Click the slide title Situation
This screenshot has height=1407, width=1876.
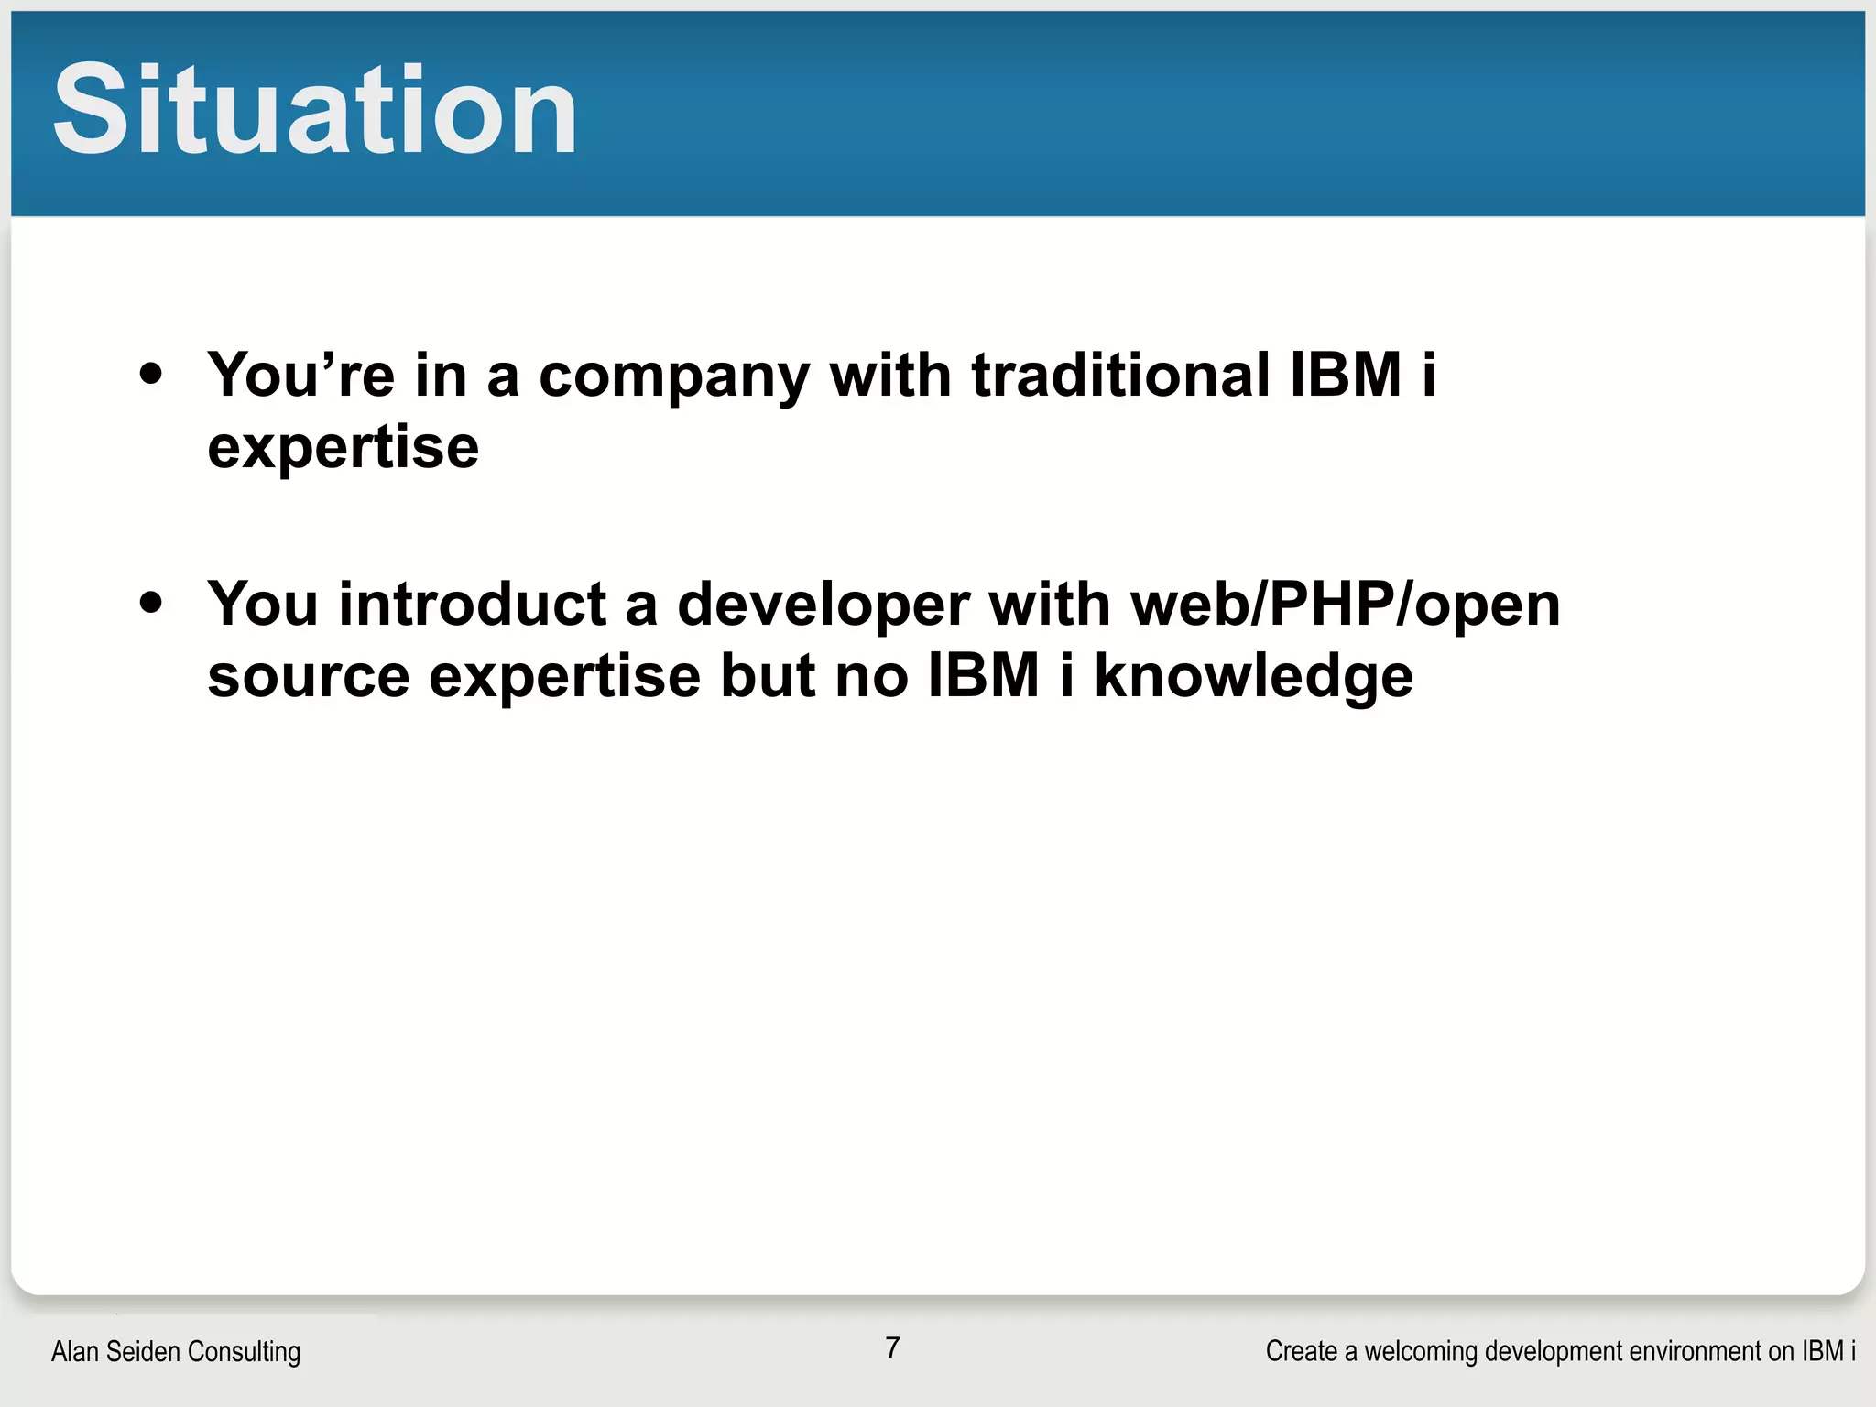(314, 110)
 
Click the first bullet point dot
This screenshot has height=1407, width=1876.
(151, 374)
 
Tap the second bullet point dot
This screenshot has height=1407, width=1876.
(151, 603)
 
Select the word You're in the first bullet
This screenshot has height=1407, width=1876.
(300, 375)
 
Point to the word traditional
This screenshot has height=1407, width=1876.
(1120, 375)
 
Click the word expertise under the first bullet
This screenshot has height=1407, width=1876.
(343, 448)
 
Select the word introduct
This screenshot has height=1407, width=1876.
(473, 605)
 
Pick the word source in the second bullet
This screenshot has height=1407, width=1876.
(308, 678)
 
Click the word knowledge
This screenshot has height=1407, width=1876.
(1253, 678)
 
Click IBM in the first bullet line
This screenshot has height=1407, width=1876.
(1346, 375)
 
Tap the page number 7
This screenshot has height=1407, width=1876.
(892, 1347)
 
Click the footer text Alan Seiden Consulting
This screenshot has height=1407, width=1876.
(176, 1351)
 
